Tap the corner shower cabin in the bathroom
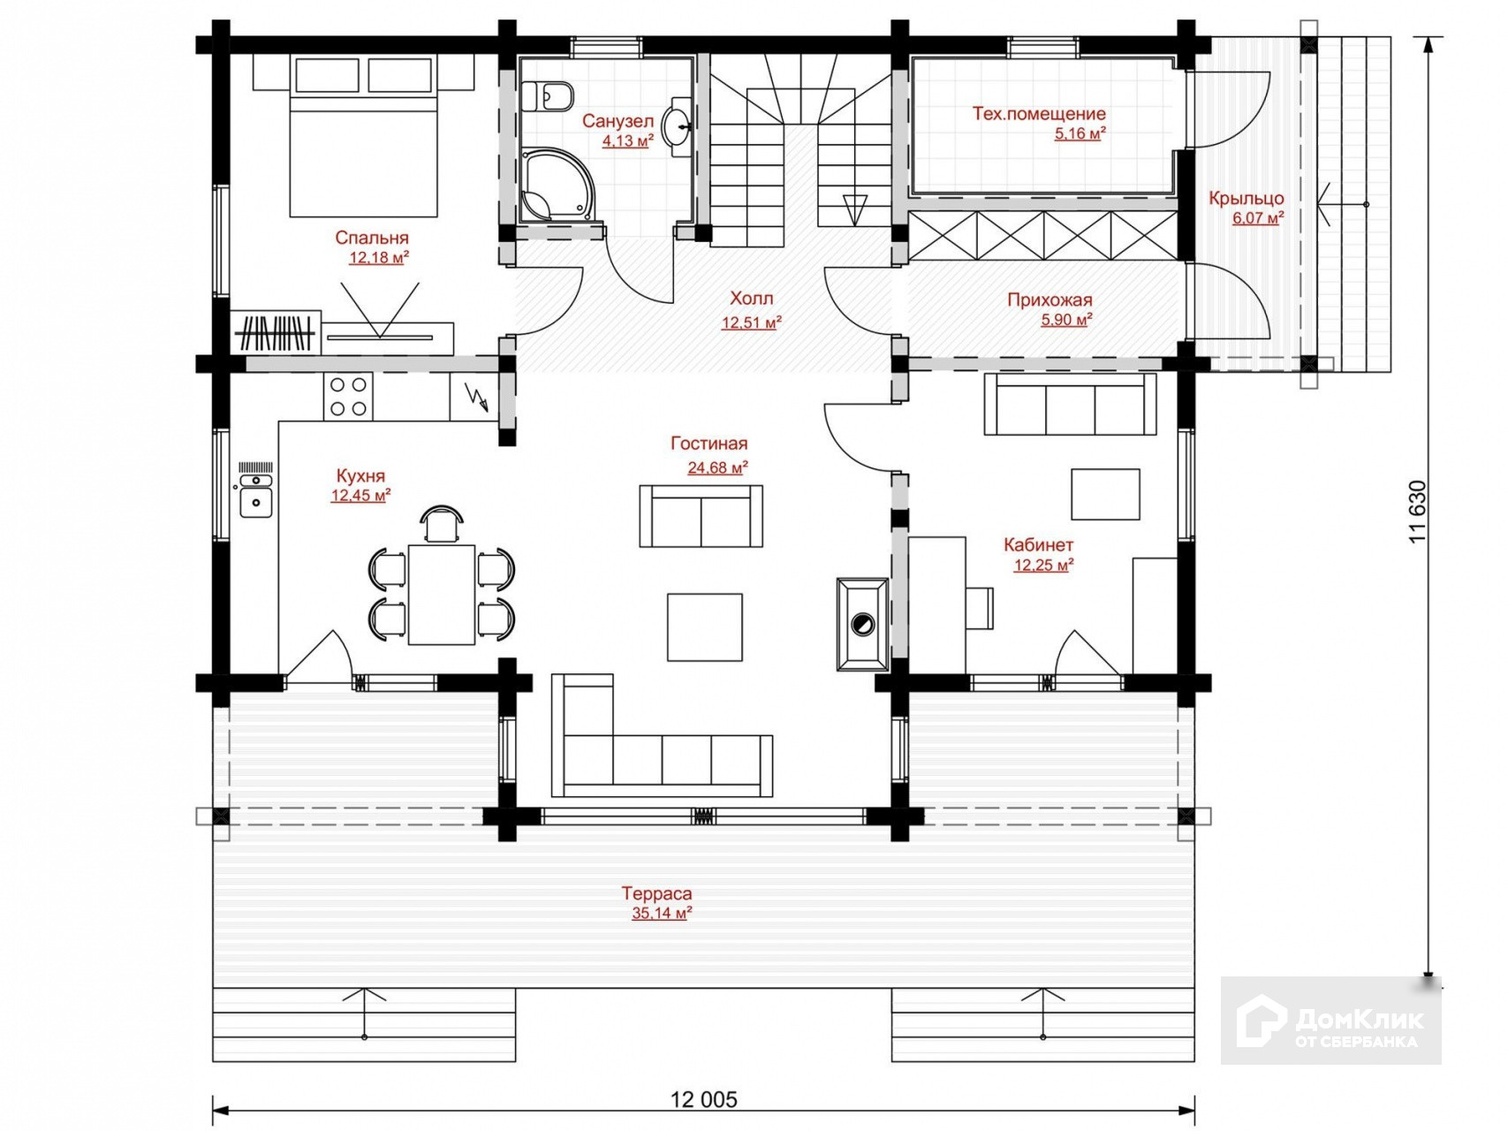(556, 186)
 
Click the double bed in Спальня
(363, 136)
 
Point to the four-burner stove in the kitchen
(348, 396)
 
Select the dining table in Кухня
(442, 594)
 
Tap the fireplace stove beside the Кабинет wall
(862, 625)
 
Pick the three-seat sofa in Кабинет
(1070, 404)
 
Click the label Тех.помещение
(1039, 113)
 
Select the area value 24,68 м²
(717, 467)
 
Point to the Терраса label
(656, 893)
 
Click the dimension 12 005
(703, 1099)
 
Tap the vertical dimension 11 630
(1417, 511)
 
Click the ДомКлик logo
(1330, 1021)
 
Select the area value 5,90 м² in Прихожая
(1066, 319)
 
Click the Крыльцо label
(1246, 198)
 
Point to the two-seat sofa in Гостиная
(701, 515)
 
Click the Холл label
(751, 298)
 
